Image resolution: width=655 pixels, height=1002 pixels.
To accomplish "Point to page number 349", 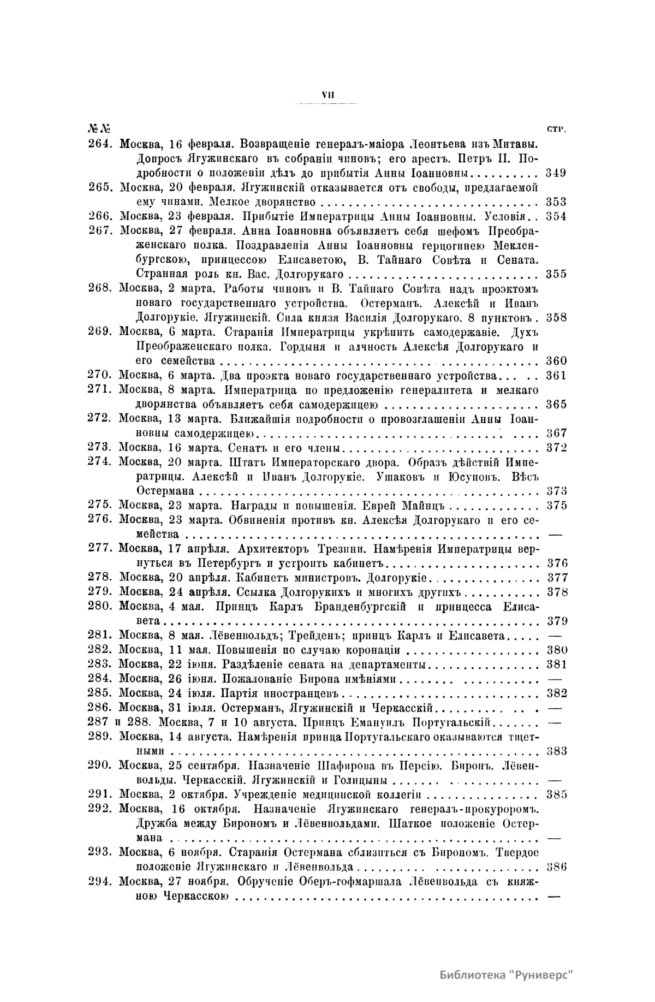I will tap(556, 173).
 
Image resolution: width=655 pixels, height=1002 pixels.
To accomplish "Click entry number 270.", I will tap(100, 375).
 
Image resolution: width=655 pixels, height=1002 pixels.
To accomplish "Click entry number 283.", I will tap(100, 665).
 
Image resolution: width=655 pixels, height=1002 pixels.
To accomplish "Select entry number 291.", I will tap(100, 794).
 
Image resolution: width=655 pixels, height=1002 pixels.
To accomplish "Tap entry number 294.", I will tap(100, 881).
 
